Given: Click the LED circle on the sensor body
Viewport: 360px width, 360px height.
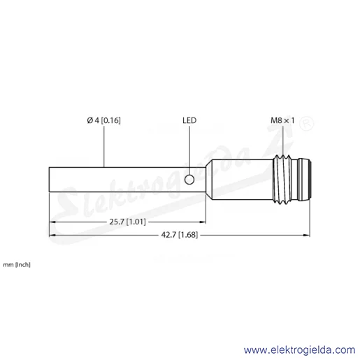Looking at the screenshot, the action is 189,180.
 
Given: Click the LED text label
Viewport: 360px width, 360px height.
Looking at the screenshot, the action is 189,120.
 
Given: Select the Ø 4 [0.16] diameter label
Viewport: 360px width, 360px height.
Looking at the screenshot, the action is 104,120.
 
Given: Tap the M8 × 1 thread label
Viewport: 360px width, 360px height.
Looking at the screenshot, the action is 282,120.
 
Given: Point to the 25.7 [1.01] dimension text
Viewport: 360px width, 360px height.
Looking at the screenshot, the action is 128,222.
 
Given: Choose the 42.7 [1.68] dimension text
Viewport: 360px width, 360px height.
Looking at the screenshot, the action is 180,235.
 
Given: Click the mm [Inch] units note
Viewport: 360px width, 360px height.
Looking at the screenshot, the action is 17,265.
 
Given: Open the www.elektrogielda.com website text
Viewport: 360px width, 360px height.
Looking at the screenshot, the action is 300,350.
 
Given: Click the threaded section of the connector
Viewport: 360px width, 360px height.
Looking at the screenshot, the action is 282,180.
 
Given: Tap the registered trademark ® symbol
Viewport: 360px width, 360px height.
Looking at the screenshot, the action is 307,124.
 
